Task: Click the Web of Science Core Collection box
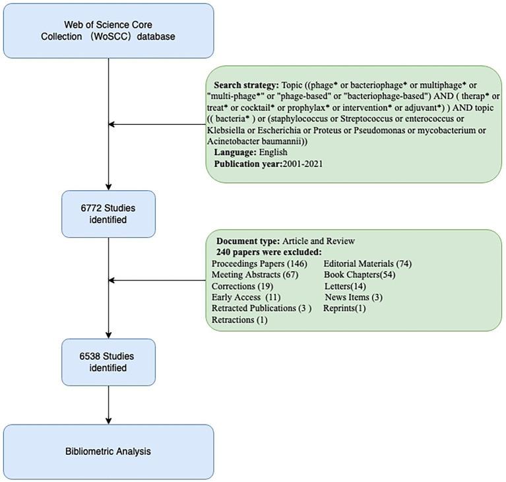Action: [108, 30]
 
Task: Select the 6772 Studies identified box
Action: [108, 214]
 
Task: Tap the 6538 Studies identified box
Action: [108, 362]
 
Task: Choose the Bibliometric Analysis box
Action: [108, 452]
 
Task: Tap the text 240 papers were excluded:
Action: [270, 252]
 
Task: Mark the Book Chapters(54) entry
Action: [360, 275]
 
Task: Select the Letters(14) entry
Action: [347, 286]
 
